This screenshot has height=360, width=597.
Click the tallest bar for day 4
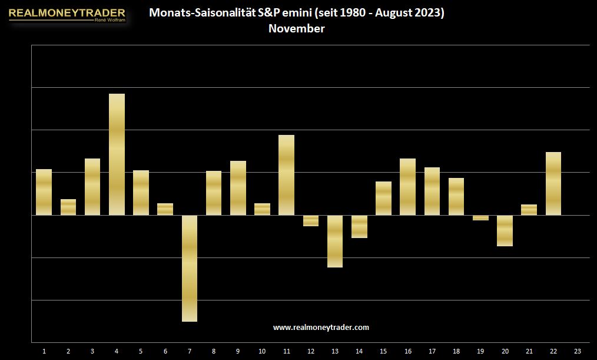click(x=117, y=154)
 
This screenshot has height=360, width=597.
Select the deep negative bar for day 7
click(x=189, y=269)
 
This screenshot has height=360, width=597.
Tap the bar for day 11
click(x=286, y=175)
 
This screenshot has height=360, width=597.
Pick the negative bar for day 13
click(x=334, y=241)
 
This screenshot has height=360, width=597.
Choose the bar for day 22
click(x=553, y=184)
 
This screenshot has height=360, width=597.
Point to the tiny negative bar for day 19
click(x=480, y=218)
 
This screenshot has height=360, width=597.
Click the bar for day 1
click(x=44, y=192)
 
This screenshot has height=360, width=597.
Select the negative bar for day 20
click(x=505, y=231)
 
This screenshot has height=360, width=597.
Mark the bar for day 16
click(x=407, y=187)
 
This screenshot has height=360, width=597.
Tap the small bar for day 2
click(x=68, y=207)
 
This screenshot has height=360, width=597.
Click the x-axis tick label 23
click(x=578, y=351)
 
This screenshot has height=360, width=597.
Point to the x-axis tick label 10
click(x=262, y=351)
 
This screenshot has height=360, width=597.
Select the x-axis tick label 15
click(x=383, y=351)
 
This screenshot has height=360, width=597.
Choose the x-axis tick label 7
click(x=189, y=351)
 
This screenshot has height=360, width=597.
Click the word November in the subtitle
click(x=297, y=28)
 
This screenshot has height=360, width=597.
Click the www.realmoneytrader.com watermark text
click(x=321, y=328)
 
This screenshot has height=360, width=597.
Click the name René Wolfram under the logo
click(x=110, y=20)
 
